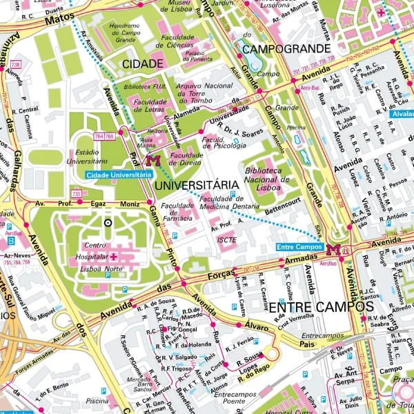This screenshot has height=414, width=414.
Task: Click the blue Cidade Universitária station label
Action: pos(119,175)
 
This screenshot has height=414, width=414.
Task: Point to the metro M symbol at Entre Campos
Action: pos(335,250)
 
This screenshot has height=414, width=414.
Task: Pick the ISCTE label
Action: pos(226,239)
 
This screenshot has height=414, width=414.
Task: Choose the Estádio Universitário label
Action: pos(94,157)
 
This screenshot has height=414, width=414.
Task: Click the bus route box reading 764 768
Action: pos(104,137)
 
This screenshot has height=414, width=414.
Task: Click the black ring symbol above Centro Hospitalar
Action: pos(107,223)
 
